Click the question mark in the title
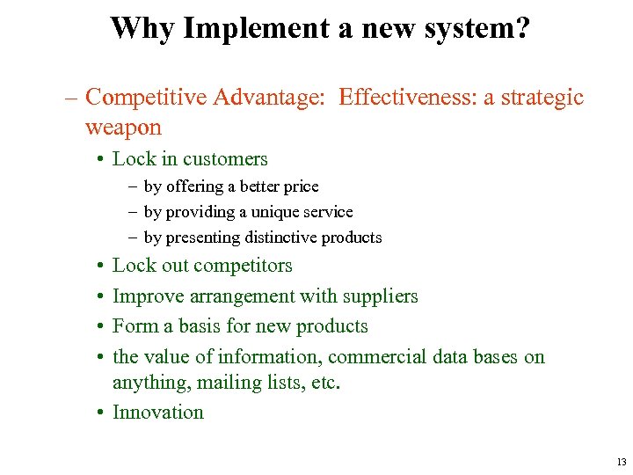click(x=521, y=28)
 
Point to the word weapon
click(x=123, y=128)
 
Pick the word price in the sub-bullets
click(x=302, y=186)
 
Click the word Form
click(x=135, y=326)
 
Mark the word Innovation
click(x=158, y=413)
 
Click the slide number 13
click(x=621, y=462)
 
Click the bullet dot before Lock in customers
click(x=102, y=159)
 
